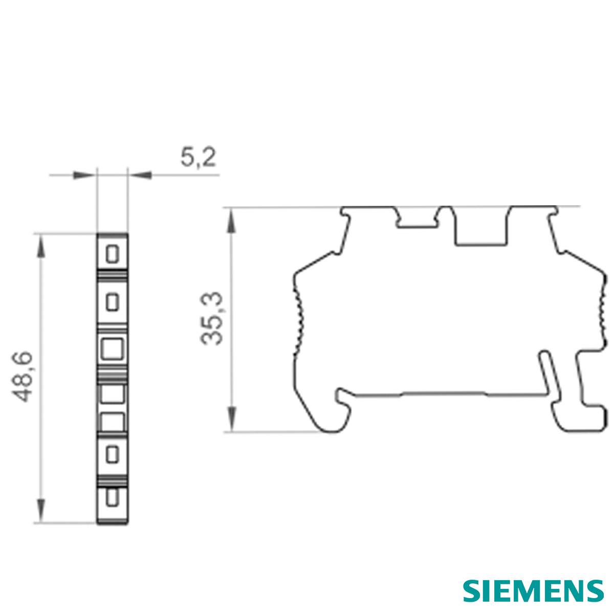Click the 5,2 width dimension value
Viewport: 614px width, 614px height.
click(x=198, y=158)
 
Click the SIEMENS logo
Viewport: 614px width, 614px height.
click(x=533, y=591)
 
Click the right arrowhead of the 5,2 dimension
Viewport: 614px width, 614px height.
click(x=141, y=176)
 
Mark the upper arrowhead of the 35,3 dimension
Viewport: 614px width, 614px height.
click(x=231, y=220)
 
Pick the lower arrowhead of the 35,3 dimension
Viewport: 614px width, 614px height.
click(x=231, y=419)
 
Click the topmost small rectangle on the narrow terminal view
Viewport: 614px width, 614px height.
click(x=112, y=253)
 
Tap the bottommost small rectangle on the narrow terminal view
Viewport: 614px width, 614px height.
click(x=112, y=498)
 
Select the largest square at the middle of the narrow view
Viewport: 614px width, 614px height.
click(x=112, y=349)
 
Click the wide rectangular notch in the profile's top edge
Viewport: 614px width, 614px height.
click(x=480, y=228)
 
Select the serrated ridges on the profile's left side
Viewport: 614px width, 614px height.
click(x=298, y=317)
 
